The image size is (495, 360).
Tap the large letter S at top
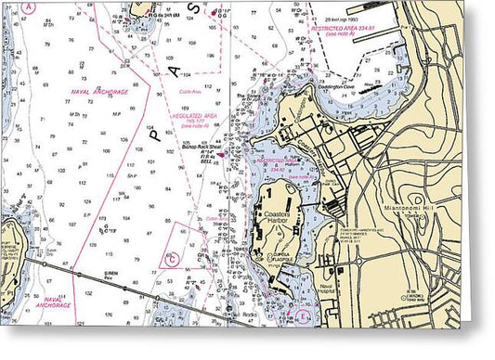[x=194, y=8]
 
